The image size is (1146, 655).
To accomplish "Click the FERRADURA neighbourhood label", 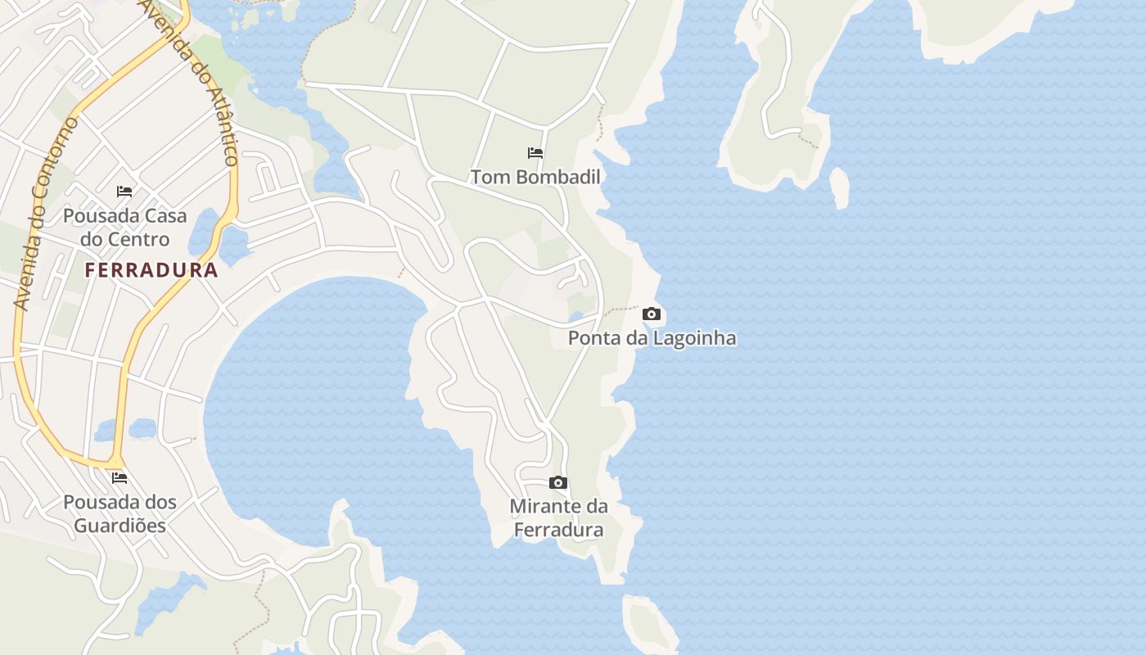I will click(x=151, y=270).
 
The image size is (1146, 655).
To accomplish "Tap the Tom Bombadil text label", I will click(x=535, y=177).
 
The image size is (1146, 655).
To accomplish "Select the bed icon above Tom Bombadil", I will click(x=535, y=153).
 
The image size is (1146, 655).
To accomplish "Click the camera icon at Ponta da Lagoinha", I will click(x=652, y=314).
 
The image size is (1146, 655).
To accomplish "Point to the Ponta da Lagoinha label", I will click(x=652, y=337).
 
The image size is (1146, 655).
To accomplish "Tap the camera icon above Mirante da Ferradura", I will click(x=558, y=483).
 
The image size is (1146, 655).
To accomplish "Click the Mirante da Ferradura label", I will click(x=558, y=517).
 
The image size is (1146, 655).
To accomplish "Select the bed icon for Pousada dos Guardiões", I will click(x=120, y=478).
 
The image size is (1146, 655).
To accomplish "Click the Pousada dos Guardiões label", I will click(x=120, y=513).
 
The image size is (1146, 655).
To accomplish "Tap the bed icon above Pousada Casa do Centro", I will click(x=124, y=192).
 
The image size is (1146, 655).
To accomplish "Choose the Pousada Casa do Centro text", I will click(x=124, y=228).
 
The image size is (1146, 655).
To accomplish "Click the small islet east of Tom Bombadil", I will click(x=840, y=187).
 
